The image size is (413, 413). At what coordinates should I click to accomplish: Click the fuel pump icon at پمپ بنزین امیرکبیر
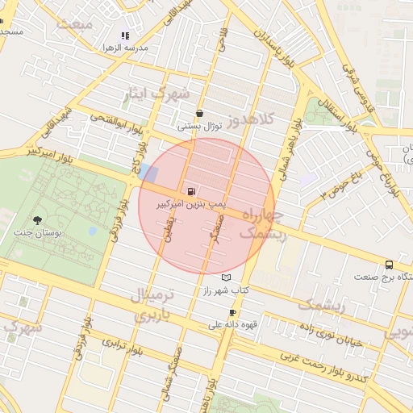tap(190, 192)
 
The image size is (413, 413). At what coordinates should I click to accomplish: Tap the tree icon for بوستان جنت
tap(37, 220)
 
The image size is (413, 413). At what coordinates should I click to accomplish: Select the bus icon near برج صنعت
tap(390, 264)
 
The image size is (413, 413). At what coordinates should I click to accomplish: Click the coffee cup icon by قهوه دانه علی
tap(233, 312)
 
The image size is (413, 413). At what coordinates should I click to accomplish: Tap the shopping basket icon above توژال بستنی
tap(199, 114)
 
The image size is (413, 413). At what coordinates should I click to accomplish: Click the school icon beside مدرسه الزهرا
tap(125, 35)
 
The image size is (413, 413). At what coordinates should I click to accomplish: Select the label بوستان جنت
tap(37, 233)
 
